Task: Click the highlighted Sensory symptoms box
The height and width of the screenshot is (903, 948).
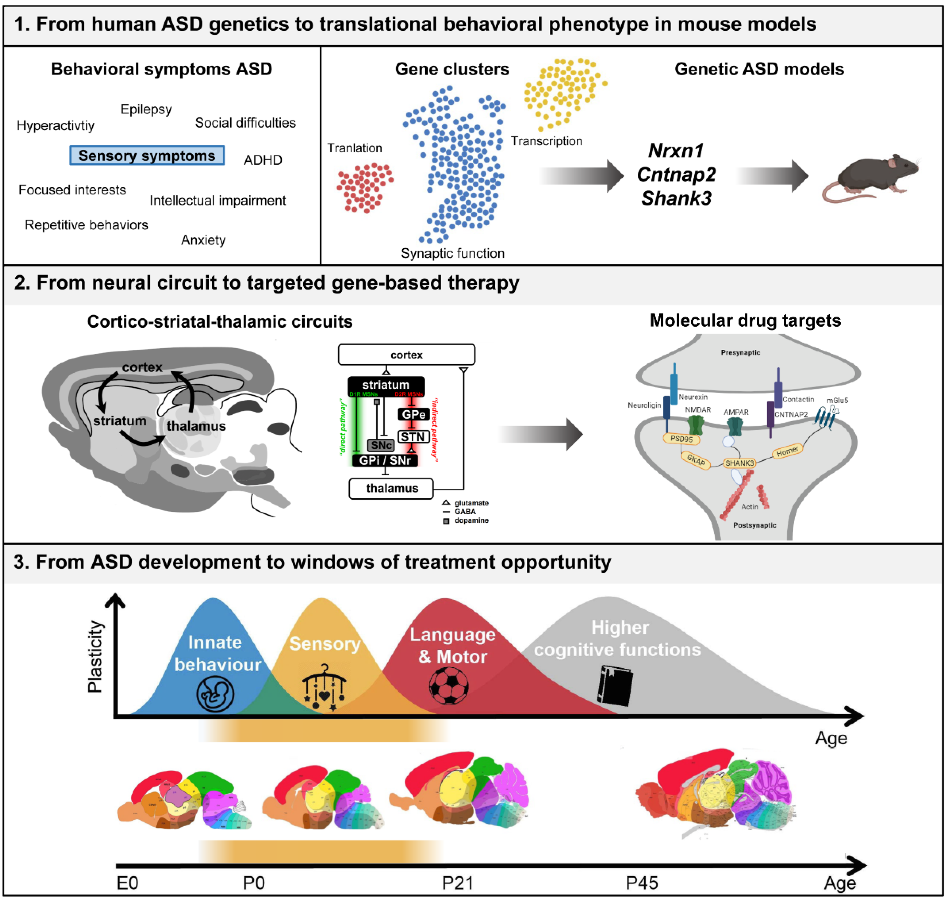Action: coord(147,156)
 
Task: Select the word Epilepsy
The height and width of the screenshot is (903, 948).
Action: coord(146,109)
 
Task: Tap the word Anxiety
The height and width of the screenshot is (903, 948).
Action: coord(203,240)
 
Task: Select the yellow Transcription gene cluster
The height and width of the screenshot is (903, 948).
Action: coord(563,92)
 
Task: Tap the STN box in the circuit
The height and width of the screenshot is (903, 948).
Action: coord(413,437)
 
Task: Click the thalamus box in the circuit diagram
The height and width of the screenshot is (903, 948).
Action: coord(391,488)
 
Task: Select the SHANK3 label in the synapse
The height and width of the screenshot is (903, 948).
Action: coord(740,463)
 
